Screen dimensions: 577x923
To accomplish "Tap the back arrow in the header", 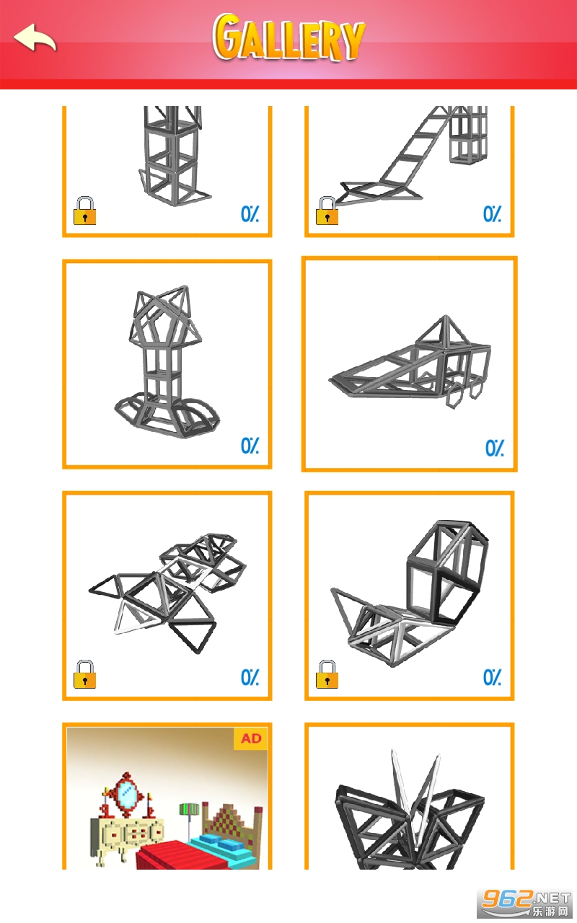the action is tap(35, 38).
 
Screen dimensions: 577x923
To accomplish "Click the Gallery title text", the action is tap(288, 38).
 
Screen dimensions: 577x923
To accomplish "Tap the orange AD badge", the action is tap(251, 738).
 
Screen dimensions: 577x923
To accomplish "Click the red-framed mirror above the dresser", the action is tap(128, 794).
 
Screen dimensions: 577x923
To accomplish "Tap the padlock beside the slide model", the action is tap(327, 211).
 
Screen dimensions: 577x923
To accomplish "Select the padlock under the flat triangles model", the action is tap(84, 674).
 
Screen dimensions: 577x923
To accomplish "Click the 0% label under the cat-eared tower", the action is tap(250, 446).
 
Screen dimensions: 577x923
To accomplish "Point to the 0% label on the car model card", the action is tap(495, 448).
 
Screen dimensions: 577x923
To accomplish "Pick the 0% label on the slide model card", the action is tap(493, 214).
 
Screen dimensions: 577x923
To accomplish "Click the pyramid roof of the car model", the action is tap(444, 332).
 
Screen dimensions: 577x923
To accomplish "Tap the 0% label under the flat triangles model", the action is tap(250, 677).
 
